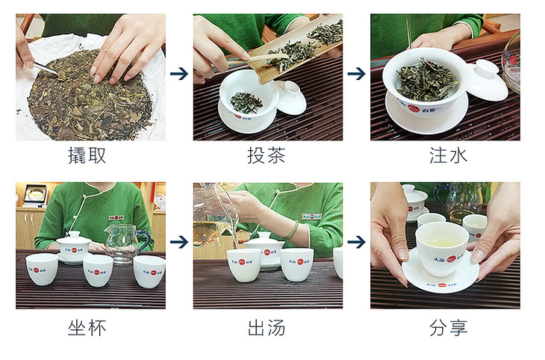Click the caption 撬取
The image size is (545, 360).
coord(87,155)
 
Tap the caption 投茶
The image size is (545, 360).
coord(267,155)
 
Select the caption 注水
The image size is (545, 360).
coord(448,155)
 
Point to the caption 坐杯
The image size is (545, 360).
coord(87,328)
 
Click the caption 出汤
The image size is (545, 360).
coord(267,328)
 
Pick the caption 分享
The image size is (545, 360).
coord(448,328)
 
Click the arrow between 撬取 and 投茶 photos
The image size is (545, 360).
coord(179,74)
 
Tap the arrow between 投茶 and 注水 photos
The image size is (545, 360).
coord(357,74)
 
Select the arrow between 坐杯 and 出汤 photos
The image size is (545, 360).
coord(179,242)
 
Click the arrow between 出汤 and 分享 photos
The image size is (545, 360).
coord(357,242)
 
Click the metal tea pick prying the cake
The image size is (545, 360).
coord(46,67)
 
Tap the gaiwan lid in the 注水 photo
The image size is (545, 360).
coord(487,80)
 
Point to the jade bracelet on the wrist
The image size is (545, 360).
coord(293,230)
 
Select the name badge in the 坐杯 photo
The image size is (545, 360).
coord(116,218)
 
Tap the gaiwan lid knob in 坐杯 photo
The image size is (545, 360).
coord(74,235)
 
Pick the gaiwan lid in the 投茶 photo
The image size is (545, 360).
coord(292,97)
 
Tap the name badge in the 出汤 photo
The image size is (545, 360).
coord(311,217)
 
